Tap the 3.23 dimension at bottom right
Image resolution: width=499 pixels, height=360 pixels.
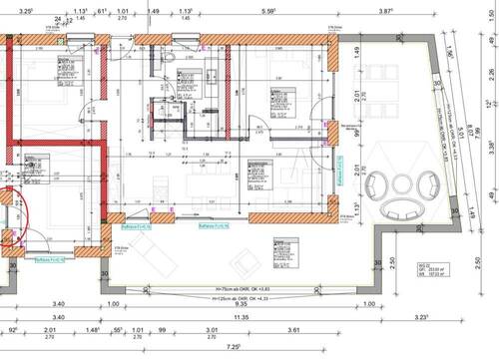422,317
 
